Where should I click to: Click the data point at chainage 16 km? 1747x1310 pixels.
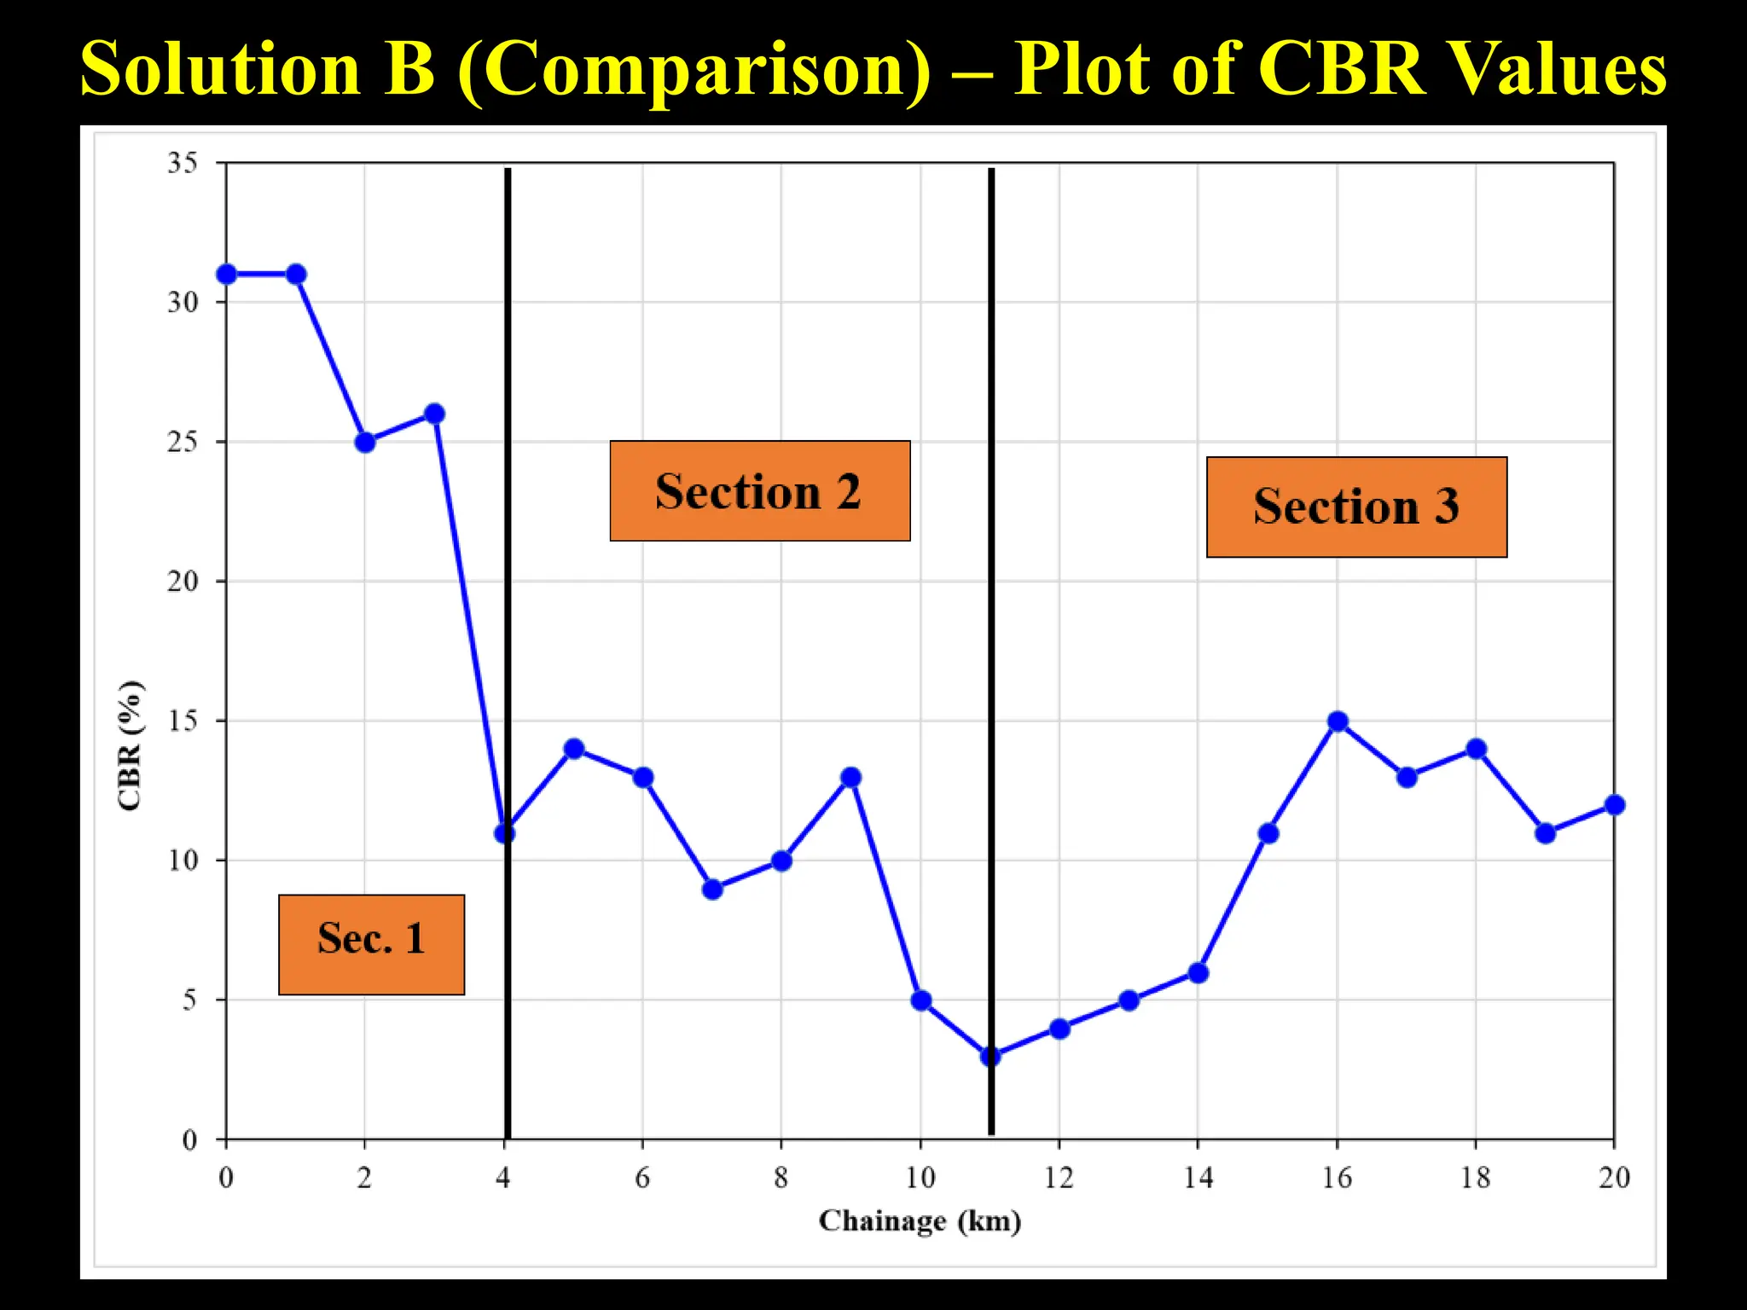click(1338, 722)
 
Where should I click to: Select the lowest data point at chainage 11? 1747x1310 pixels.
click(990, 1056)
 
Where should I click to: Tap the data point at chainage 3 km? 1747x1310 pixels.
click(434, 414)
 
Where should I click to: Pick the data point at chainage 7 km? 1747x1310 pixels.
click(712, 890)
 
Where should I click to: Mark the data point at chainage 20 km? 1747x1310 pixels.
click(1615, 804)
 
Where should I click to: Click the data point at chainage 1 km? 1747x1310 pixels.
click(296, 274)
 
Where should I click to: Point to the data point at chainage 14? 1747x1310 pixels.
click(1198, 972)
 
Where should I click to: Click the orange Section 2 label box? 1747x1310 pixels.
click(759, 490)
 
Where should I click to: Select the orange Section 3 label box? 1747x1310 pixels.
click(1356, 507)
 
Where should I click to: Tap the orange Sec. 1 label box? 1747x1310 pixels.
click(371, 944)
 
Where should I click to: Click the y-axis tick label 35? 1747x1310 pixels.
click(183, 162)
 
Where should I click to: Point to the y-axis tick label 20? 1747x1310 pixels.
click(183, 581)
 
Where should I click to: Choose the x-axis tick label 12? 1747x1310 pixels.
click(1059, 1178)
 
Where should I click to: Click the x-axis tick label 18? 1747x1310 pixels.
click(1475, 1178)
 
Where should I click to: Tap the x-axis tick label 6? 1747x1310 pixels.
click(642, 1178)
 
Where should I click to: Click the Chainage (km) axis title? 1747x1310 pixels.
click(920, 1220)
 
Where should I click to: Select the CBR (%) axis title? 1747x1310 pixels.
click(131, 745)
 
